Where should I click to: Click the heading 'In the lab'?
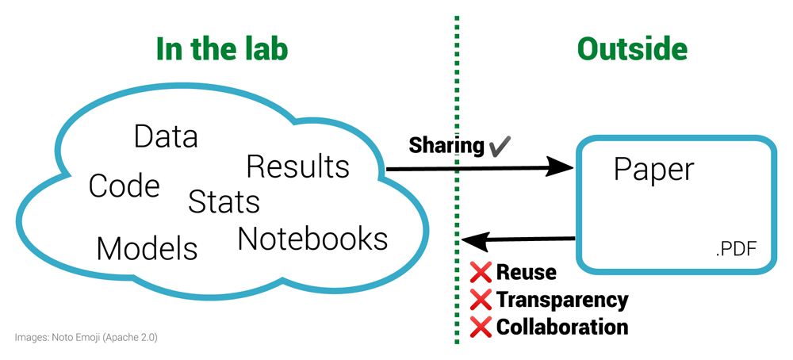tap(221, 49)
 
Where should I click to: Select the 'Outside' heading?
tap(632, 49)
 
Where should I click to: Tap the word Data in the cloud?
tap(166, 136)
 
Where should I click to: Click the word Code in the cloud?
tap(125, 186)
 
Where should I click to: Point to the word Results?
tap(297, 167)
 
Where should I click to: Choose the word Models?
tap(147, 248)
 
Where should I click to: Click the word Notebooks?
tap(312, 238)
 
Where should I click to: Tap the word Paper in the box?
tap(653, 169)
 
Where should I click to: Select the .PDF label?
tap(735, 251)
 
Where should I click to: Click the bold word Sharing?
tap(446, 145)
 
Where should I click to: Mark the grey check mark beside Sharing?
tap(500, 145)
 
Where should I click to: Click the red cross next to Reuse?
tap(481, 273)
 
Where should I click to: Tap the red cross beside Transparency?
tap(481, 300)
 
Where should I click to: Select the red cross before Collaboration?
tap(481, 326)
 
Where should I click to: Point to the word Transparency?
tap(561, 300)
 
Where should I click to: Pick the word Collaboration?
tap(561, 326)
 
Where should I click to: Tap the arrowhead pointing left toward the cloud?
tap(474, 239)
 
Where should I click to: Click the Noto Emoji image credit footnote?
tap(86, 337)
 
